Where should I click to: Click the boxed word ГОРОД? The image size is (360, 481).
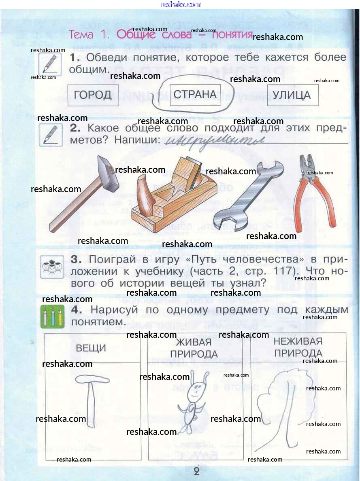coord(93,95)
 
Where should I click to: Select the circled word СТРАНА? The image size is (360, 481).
coord(195,95)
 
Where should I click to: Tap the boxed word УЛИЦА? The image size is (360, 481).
coord(292,95)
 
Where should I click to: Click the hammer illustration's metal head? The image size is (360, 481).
coord(108,174)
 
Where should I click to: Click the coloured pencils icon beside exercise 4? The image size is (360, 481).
coord(52,316)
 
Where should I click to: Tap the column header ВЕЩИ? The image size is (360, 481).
coord(91,348)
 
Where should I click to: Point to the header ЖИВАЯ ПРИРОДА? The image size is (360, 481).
coord(194,348)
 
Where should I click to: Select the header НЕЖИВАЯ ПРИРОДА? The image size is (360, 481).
coord(298,347)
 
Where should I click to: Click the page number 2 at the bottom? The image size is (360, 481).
coord(197,471)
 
